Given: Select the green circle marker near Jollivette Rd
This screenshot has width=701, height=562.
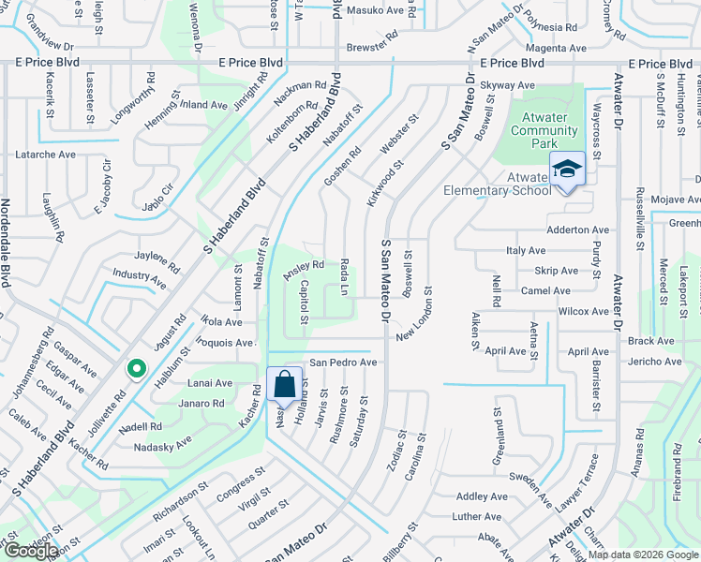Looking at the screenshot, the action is (137, 371).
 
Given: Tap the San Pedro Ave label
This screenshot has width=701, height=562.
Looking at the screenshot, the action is (343, 362).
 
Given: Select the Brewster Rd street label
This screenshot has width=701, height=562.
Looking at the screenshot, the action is (373, 45).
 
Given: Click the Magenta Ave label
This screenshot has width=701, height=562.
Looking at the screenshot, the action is (556, 48).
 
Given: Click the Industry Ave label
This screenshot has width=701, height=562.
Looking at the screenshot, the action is (140, 278).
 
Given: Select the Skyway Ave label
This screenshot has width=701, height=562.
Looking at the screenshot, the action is (507, 85).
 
